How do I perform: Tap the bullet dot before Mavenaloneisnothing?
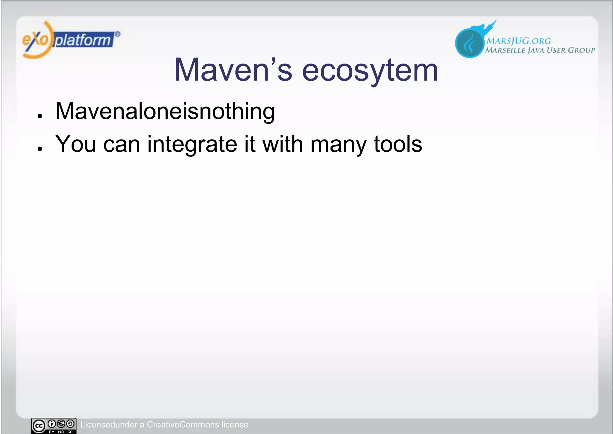40,116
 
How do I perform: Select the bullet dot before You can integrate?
40,149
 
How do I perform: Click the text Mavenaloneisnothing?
165,111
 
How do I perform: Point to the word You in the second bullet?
75,144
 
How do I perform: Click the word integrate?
192,145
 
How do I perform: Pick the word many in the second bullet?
338,145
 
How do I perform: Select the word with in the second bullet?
283,144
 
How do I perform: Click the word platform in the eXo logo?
83,40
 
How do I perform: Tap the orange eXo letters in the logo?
35,40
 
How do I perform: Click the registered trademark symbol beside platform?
118,34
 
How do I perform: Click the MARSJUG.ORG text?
518,41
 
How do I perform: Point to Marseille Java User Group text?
540,50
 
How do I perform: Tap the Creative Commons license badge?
54,426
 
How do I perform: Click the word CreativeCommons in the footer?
183,424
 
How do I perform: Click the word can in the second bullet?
122,145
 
